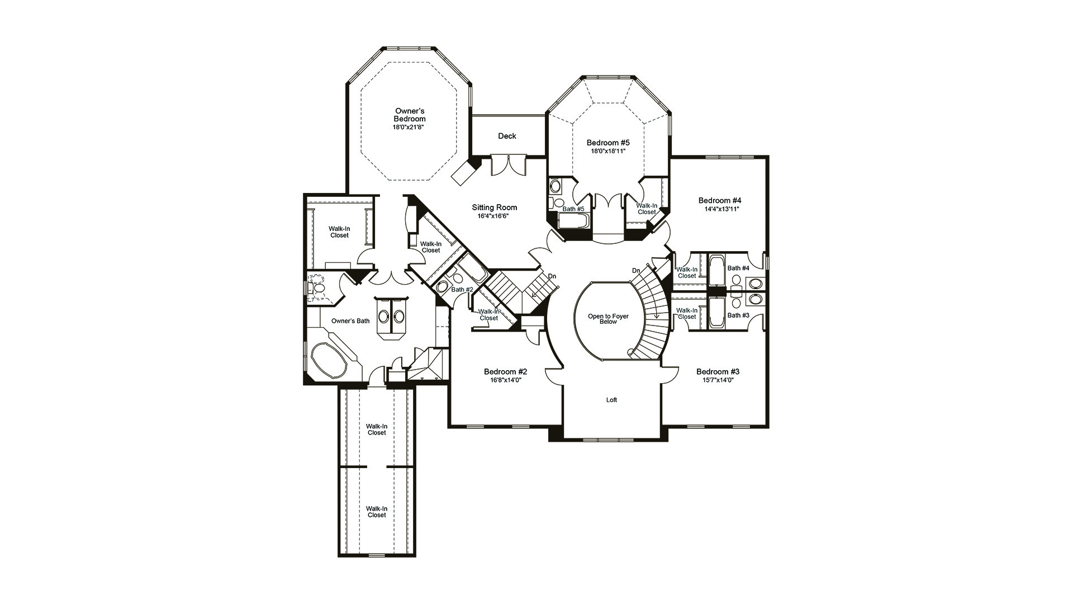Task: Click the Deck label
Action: [x=507, y=136]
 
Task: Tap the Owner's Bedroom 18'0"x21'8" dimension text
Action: [x=410, y=128]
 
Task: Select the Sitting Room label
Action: [x=495, y=207]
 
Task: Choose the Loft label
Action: [x=612, y=400]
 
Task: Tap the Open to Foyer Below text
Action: [x=608, y=319]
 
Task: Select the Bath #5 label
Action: [x=573, y=209]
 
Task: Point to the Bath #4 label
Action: [x=738, y=268]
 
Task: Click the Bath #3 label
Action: [x=738, y=315]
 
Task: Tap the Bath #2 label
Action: [x=462, y=290]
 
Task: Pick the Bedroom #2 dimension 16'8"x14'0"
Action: [x=506, y=380]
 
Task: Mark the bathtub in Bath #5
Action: [x=573, y=221]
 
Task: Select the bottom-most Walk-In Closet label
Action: [x=377, y=512]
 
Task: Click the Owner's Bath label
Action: [x=350, y=321]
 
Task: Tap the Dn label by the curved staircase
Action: [x=636, y=271]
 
